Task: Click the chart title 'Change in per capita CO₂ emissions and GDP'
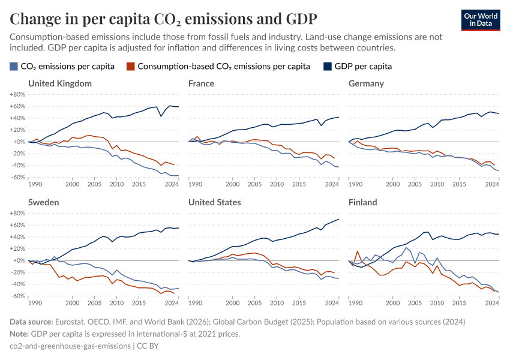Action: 164,19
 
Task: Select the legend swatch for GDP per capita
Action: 328,66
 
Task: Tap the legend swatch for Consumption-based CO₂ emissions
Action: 130,66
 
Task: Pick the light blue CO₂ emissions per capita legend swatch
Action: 14,66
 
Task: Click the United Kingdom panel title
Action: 59,83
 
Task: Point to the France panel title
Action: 201,83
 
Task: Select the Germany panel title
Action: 366,83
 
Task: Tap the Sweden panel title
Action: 43,202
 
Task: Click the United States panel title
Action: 214,202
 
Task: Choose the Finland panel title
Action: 362,202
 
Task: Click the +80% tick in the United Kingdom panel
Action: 17,94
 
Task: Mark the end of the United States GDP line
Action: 339,219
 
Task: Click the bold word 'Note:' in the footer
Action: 21,334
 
